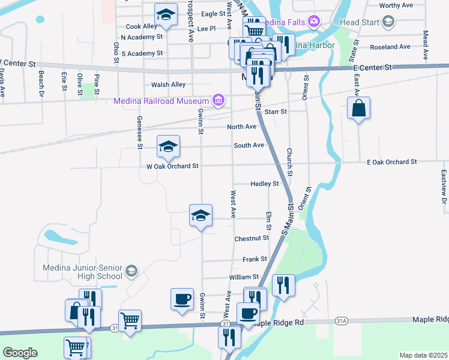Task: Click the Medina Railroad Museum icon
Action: coord(218,100)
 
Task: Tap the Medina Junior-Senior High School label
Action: coord(82,272)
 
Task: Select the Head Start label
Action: coord(358,22)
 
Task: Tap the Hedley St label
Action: coord(265,184)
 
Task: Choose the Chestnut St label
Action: coord(252,238)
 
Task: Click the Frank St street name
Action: coord(255,259)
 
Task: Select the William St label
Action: coord(243,277)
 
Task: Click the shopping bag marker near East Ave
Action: coord(358,109)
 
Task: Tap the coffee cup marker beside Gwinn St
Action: coord(182,298)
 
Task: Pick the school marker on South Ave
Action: coord(169,146)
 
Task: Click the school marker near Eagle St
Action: coord(166,14)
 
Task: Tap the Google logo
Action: coord(20,353)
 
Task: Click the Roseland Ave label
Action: coord(390,47)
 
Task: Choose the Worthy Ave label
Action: coord(397,5)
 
